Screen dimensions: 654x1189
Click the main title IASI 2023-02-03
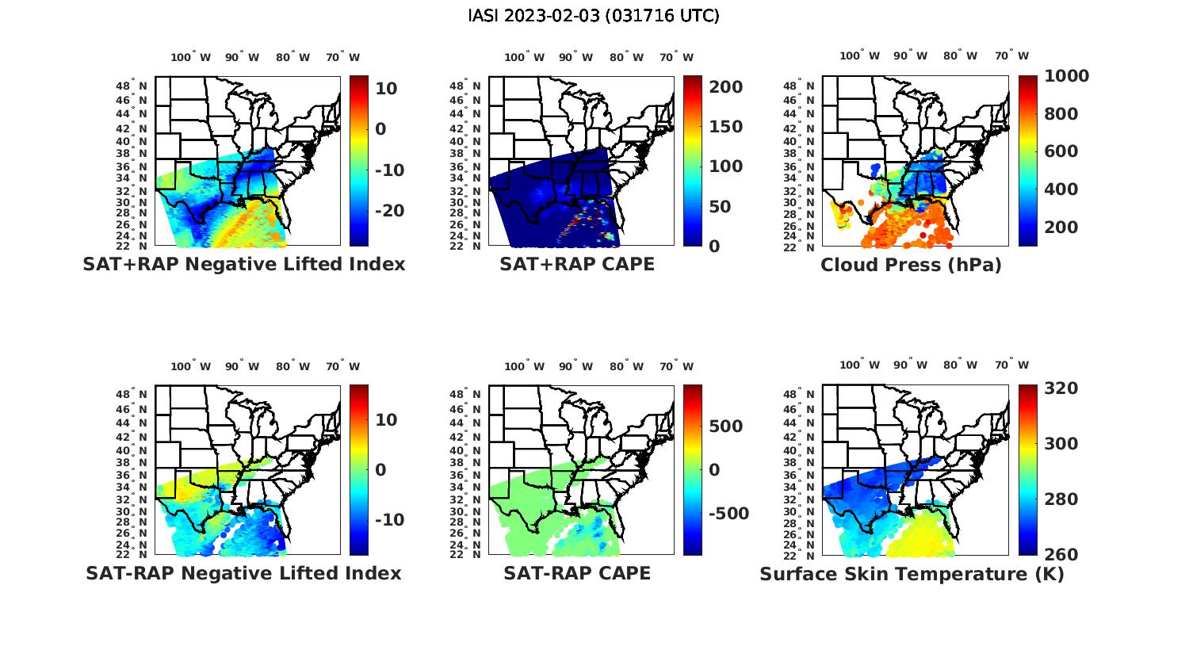(594, 16)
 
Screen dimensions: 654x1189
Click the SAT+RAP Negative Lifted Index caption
(244, 264)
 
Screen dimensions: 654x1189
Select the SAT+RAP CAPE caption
(577, 264)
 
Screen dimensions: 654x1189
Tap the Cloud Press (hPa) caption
(911, 265)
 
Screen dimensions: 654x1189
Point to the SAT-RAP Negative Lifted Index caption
(244, 573)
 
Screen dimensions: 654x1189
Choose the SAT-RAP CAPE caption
(577, 573)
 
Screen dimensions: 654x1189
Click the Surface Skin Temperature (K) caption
(912, 574)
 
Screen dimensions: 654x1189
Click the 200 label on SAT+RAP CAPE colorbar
(726, 87)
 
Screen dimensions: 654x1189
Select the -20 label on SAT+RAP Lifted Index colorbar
(390, 211)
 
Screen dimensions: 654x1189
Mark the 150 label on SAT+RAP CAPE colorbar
(726, 127)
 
